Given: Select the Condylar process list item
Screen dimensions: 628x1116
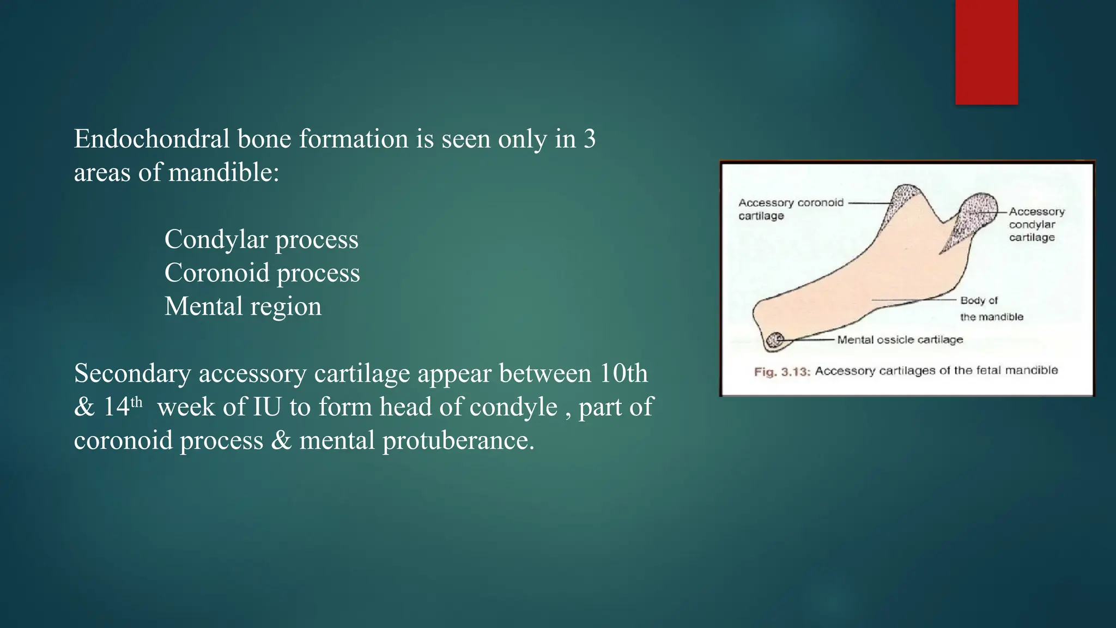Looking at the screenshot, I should [x=261, y=239].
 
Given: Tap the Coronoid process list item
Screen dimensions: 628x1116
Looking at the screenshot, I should [x=262, y=273].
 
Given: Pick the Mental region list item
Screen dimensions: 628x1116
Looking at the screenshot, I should [x=242, y=306].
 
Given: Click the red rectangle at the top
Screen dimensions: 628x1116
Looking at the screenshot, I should [x=986, y=52].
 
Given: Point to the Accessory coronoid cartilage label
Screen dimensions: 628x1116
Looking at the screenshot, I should [x=790, y=209].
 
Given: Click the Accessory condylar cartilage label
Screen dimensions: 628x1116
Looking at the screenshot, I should [x=1035, y=224].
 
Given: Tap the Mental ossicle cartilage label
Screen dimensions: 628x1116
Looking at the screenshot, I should [x=900, y=340].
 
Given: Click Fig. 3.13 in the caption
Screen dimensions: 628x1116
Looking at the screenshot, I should [x=782, y=372].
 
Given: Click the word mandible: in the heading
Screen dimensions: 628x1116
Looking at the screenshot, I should [x=223, y=173].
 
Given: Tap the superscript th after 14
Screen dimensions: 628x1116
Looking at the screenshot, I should [x=136, y=402].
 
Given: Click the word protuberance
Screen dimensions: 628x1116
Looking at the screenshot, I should [x=458, y=440].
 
